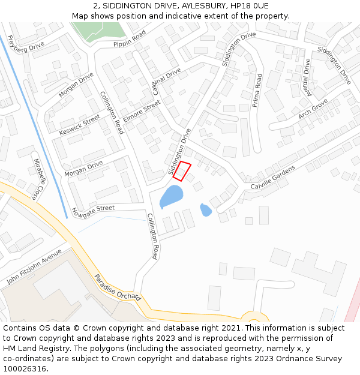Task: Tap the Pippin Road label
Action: coord(130,40)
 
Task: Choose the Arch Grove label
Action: coord(313,108)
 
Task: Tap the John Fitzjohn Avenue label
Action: coord(34,266)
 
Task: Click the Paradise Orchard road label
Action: coord(118,287)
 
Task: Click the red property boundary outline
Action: coord(182,170)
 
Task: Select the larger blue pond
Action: coord(171,196)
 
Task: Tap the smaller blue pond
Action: coord(206,210)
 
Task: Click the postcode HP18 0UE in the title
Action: coord(248,6)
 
